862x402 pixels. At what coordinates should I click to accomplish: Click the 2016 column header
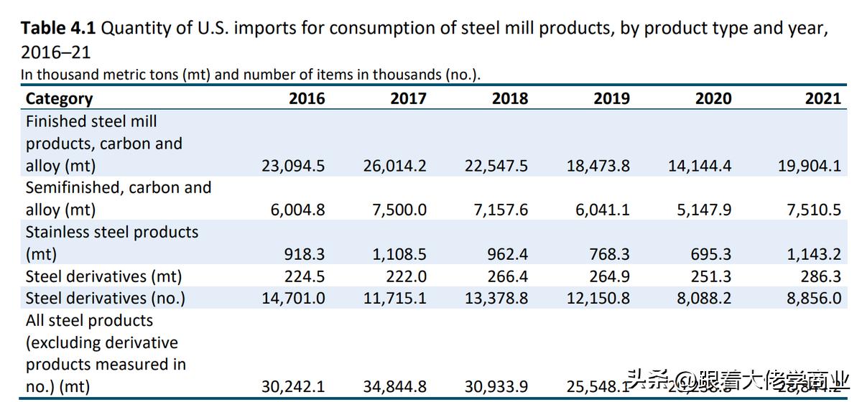[x=307, y=98]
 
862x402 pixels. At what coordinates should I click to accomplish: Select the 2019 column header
[x=611, y=98]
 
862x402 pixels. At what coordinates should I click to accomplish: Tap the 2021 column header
[x=822, y=98]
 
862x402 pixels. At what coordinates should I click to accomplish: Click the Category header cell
[x=60, y=98]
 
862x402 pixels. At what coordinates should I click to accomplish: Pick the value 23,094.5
[x=293, y=166]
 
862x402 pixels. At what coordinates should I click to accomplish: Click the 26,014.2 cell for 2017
[x=394, y=166]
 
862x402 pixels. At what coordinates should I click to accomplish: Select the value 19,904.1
[x=809, y=166]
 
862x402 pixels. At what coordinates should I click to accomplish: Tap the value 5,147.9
[x=705, y=210]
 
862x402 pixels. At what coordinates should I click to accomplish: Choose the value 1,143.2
[x=814, y=255]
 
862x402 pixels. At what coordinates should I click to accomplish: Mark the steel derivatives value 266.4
[x=508, y=276]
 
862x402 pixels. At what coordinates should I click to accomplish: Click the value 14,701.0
[x=293, y=298]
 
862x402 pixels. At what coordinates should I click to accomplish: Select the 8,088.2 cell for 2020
[x=705, y=298]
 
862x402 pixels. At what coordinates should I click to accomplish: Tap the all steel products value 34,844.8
[x=394, y=387]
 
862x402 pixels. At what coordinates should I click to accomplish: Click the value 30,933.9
[x=496, y=387]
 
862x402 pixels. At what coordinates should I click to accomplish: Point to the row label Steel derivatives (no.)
[x=106, y=298]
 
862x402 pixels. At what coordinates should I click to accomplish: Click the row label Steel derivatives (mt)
[x=103, y=276]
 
